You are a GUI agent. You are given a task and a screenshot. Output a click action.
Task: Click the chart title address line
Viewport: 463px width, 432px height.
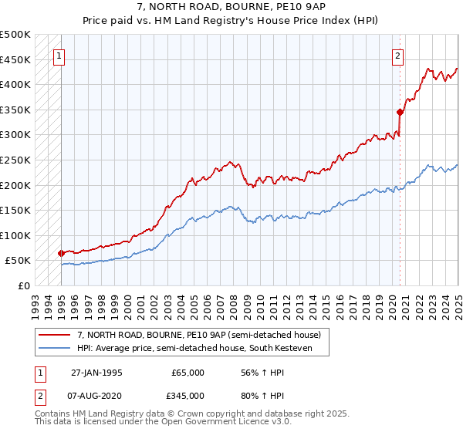coord(231,6)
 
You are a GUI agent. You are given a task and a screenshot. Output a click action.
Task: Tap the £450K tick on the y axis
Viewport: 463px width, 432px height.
coord(15,59)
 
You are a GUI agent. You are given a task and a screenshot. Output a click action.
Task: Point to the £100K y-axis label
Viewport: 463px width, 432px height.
coord(15,235)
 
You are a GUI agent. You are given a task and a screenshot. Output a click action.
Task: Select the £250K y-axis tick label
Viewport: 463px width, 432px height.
coord(15,160)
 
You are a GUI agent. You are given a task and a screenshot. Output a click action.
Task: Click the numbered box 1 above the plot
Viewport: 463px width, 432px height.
coord(59,55)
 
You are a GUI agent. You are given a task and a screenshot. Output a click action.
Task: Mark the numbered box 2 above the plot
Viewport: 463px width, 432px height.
coord(397,55)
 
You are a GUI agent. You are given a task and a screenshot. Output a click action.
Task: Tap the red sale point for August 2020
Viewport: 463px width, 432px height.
coord(400,112)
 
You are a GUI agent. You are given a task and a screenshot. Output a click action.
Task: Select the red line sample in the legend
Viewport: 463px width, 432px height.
coord(56,335)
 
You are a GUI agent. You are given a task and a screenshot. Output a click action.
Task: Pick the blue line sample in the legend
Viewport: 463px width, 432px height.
coord(56,348)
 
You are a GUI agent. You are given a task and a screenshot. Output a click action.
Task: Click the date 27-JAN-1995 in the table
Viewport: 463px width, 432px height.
coord(96,372)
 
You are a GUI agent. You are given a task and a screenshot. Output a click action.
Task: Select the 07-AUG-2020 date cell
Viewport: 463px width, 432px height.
coord(96,398)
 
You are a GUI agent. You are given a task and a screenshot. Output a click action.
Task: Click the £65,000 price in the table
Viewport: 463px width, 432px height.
coord(188,372)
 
